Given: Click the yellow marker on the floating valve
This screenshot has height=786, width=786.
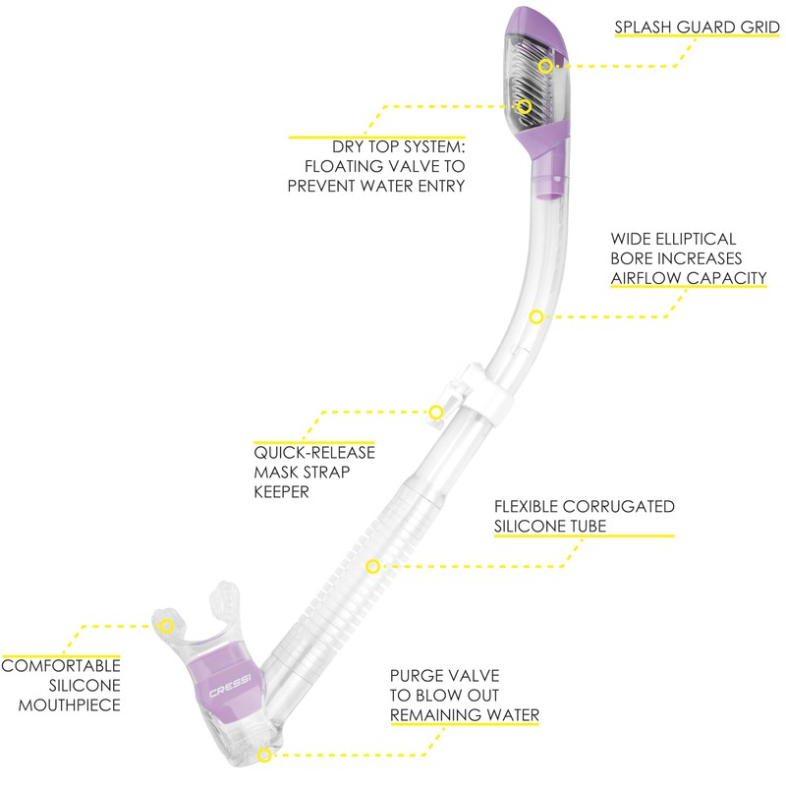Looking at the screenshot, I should coord(524,104).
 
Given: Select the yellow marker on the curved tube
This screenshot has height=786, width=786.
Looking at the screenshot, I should coord(535,316).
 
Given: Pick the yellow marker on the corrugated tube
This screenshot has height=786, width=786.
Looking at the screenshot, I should coord(372,566).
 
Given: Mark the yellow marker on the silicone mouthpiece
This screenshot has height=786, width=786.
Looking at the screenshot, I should coord(167,624).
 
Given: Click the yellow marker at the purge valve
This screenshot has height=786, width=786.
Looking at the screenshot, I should coord(263,755).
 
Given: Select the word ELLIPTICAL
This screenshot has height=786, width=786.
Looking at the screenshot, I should coord(702,239).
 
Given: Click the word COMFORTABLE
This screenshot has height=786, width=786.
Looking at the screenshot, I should coord(60,666).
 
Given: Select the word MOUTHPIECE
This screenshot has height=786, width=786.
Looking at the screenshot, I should coord(60,704).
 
